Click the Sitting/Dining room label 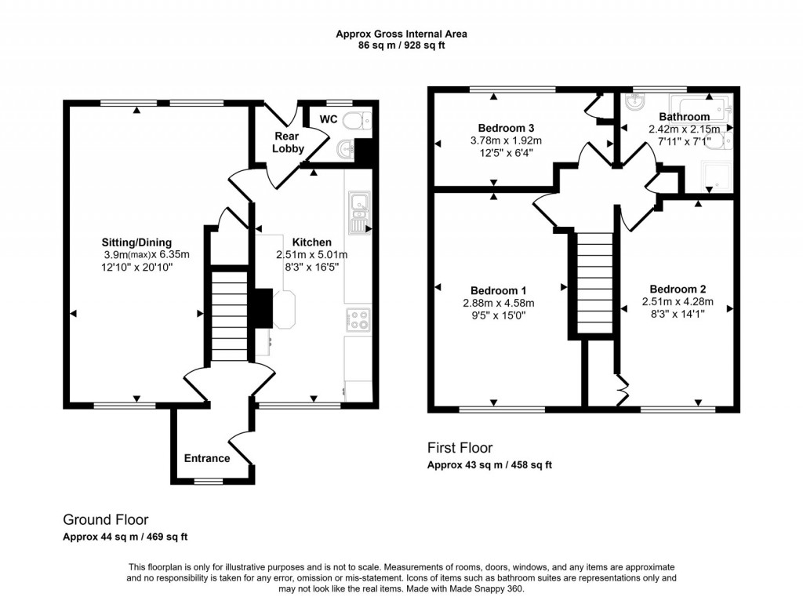[x=136, y=242]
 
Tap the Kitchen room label [x=312, y=242]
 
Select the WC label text [x=328, y=120]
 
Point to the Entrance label [x=207, y=458]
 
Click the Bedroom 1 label [x=498, y=289]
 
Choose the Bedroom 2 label [x=677, y=289]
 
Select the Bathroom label [x=684, y=117]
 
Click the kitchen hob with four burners [x=358, y=319]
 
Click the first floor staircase [x=594, y=283]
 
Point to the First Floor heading [x=460, y=448]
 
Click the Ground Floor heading [x=105, y=519]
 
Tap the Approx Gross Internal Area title [x=401, y=34]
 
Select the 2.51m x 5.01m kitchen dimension [x=311, y=255]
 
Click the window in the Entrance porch [x=209, y=481]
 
